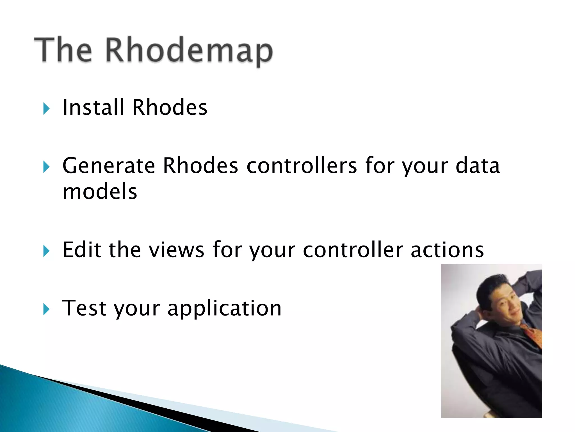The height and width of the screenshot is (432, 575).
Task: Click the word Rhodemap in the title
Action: coord(189,51)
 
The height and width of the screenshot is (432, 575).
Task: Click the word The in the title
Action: coord(63,50)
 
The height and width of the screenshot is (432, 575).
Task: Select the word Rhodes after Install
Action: coord(170,107)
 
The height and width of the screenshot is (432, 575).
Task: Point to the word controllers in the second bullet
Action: coord(302,166)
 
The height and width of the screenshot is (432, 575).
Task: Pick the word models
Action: coord(100,192)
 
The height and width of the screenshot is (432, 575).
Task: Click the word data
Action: coord(478,166)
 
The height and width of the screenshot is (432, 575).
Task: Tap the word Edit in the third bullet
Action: coord(82,250)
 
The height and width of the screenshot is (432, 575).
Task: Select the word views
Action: coord(176,250)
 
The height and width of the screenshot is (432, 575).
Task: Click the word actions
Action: coord(447,250)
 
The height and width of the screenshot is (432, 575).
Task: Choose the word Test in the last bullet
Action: coord(84,308)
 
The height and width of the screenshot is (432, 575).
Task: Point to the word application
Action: coord(224,309)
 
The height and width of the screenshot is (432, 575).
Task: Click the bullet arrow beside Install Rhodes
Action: coord(47,109)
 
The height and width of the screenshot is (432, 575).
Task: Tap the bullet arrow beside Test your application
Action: coord(47,309)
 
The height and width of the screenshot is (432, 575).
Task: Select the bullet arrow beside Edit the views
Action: coord(47,251)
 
